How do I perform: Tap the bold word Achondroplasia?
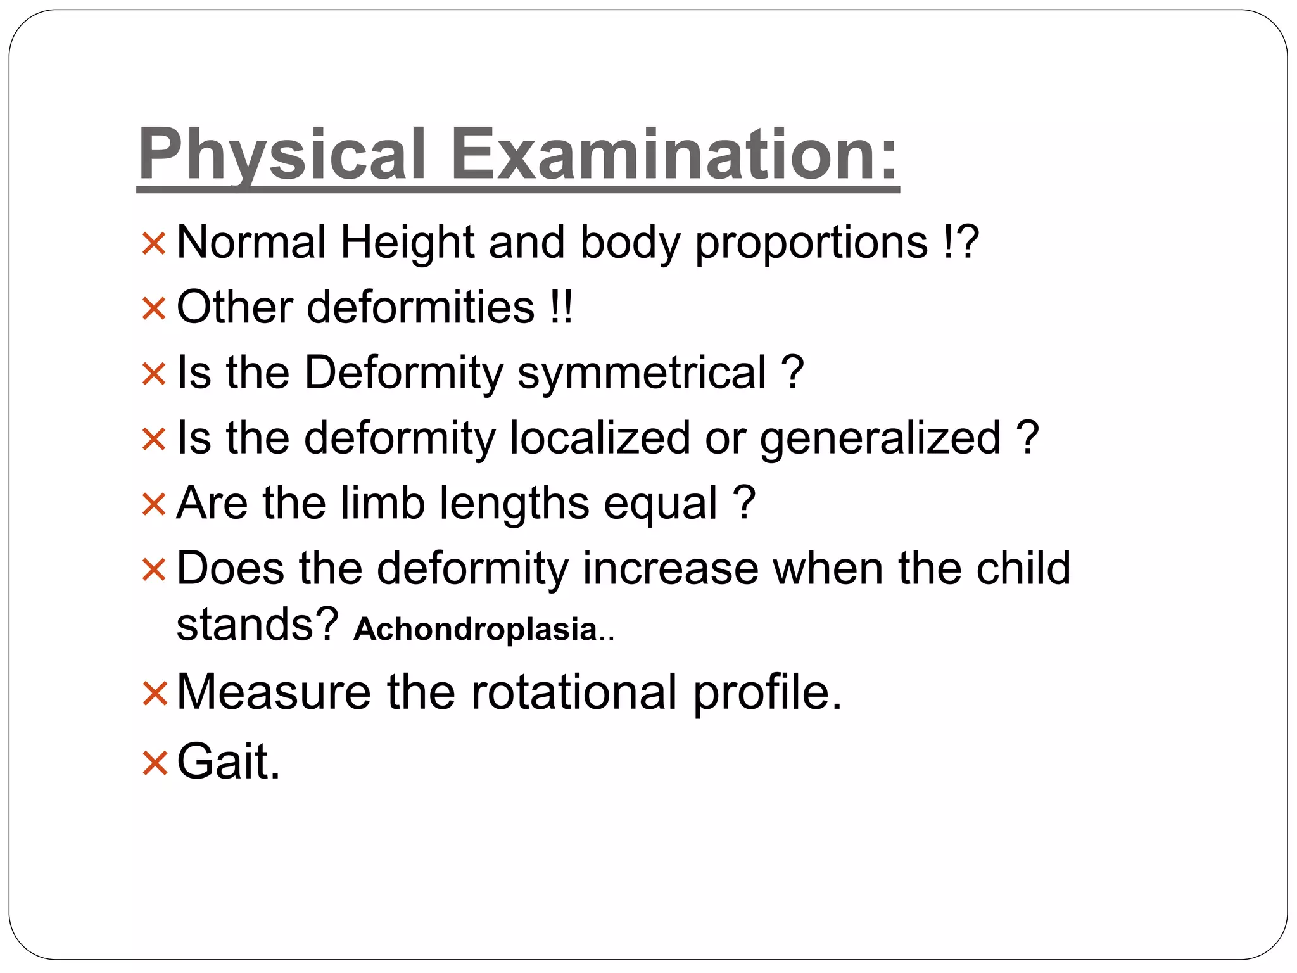point(475,629)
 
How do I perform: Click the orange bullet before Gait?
point(154,763)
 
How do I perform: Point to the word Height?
point(407,243)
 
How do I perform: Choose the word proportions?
point(811,244)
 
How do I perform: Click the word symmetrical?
point(642,372)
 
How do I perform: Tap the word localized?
point(599,438)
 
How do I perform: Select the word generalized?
point(880,439)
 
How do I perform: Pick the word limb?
point(382,503)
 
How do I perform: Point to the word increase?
point(670,568)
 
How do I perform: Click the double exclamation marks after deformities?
point(561,308)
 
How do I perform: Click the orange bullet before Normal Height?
point(154,245)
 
